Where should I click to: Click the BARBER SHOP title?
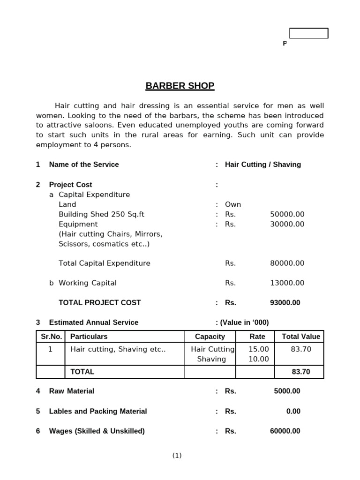[x=180, y=86]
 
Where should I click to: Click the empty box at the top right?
[x=308, y=33]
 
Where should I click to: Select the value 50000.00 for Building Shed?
[x=287, y=214]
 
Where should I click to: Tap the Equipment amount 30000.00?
[x=287, y=224]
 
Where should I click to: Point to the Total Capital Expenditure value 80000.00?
[x=287, y=263]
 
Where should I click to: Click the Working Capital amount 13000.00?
[x=287, y=283]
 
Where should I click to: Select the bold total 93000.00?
[x=285, y=303]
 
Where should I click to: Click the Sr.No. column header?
[x=50, y=337]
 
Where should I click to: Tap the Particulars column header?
[x=89, y=337]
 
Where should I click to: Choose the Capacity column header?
[x=210, y=337]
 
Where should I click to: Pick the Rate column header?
[x=257, y=337]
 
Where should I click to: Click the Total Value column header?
[x=301, y=337]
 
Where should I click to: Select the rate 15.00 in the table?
[x=259, y=349]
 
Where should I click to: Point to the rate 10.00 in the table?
[x=259, y=359]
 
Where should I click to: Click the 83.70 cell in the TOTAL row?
[x=301, y=372]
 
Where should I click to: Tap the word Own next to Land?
[x=233, y=204]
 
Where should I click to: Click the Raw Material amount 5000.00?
[x=287, y=391]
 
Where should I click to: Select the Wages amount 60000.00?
[x=285, y=431]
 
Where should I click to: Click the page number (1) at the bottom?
[x=177, y=456]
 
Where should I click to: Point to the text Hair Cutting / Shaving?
[x=263, y=165]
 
